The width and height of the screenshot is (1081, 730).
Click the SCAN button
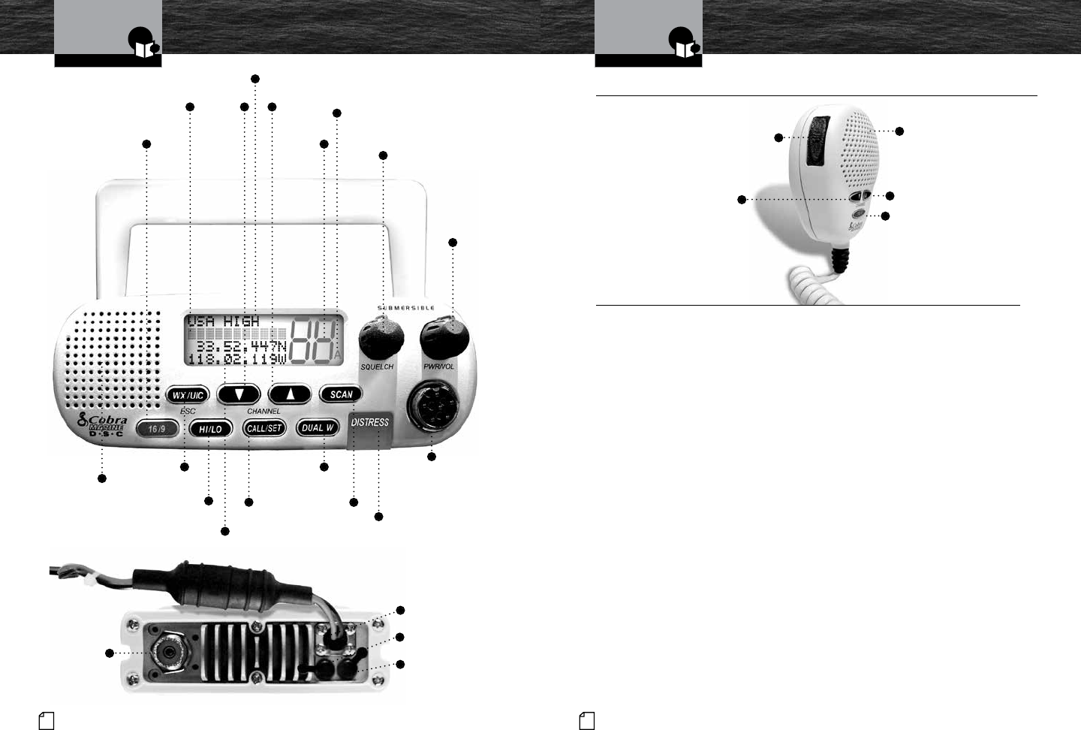coord(341,394)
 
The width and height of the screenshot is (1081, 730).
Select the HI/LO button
coord(210,429)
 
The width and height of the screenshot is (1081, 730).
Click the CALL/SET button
coord(264,429)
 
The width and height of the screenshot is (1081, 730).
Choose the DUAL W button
coord(318,428)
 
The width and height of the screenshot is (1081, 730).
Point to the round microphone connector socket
coord(430,409)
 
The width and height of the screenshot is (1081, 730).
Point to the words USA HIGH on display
coord(223,321)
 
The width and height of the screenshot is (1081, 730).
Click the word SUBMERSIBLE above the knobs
coord(405,308)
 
